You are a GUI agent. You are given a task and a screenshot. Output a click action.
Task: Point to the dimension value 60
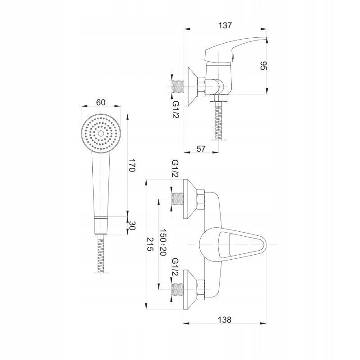101,102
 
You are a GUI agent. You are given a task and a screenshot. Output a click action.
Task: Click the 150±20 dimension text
163,243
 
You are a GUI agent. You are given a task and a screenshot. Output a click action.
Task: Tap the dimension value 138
225,319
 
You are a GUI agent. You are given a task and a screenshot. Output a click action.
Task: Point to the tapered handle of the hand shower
101,184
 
